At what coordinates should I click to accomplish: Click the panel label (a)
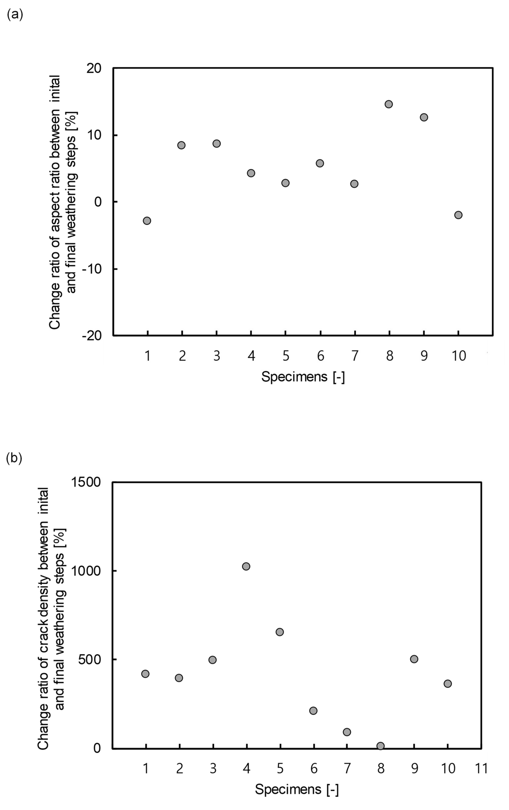[15, 15]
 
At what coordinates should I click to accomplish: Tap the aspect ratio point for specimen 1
[147, 221]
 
